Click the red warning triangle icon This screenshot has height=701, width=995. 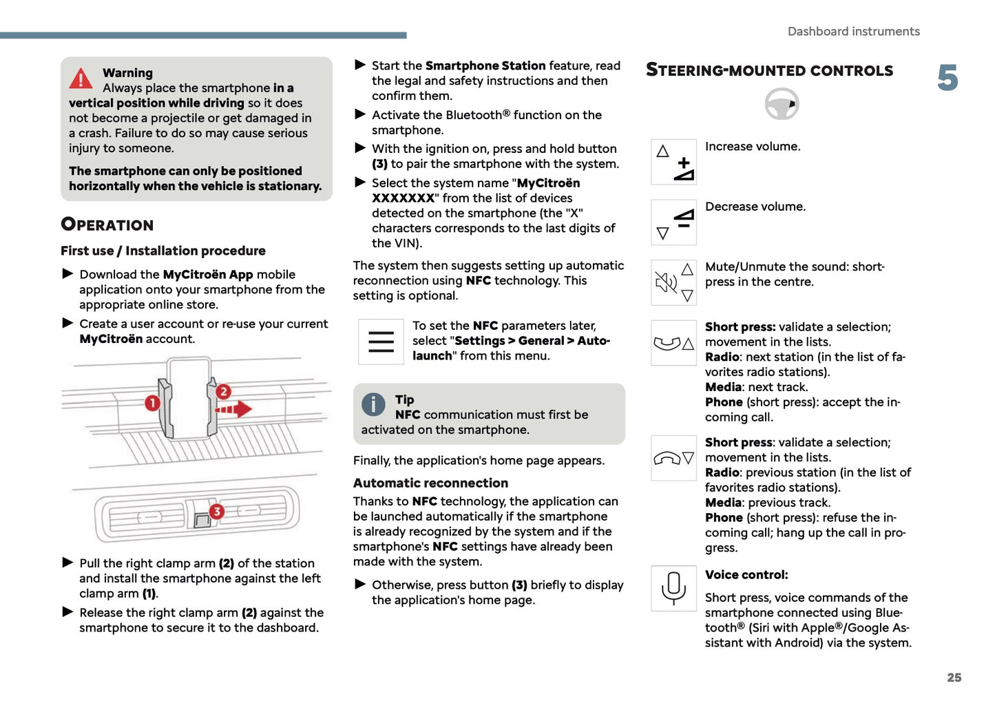click(x=81, y=79)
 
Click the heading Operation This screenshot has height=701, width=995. click(x=107, y=224)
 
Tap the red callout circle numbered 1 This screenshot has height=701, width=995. click(x=152, y=403)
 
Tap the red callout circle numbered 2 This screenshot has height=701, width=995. click(x=223, y=392)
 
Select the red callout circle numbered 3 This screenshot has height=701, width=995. click(x=216, y=511)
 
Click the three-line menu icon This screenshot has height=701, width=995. click(x=381, y=342)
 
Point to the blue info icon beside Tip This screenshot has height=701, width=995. click(x=373, y=404)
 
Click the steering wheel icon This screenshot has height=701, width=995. click(x=782, y=105)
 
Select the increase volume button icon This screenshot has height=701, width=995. click(x=673, y=162)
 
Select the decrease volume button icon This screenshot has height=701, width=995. click(x=673, y=222)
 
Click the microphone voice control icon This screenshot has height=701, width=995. click(x=673, y=589)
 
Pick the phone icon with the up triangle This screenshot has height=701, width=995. click(x=673, y=343)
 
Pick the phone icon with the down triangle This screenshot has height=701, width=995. click(x=673, y=458)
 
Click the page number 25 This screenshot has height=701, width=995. click(x=954, y=678)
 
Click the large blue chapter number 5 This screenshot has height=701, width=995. click(x=947, y=78)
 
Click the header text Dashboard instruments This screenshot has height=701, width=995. click(x=853, y=32)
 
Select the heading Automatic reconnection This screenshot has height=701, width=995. click(x=430, y=483)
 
